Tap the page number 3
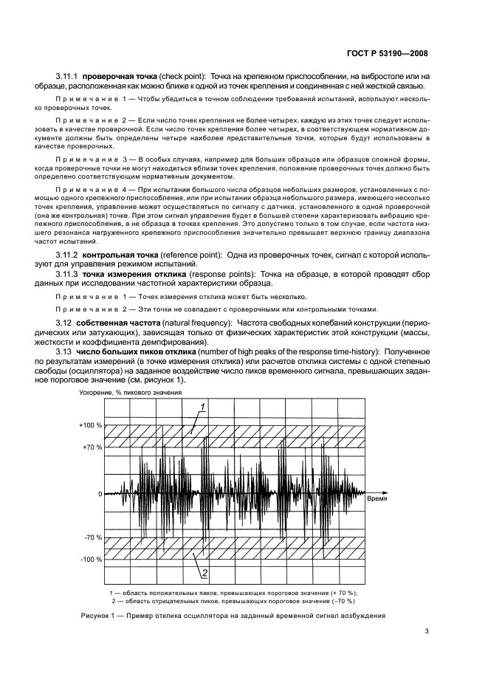[x=427, y=630]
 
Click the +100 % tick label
[x=91, y=427]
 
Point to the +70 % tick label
[x=92, y=447]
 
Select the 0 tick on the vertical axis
[x=99, y=493]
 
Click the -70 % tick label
[x=92, y=539]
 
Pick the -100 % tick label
[x=91, y=559]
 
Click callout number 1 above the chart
[x=203, y=406]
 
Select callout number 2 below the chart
[x=203, y=572]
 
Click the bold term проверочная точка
[x=115, y=76]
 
